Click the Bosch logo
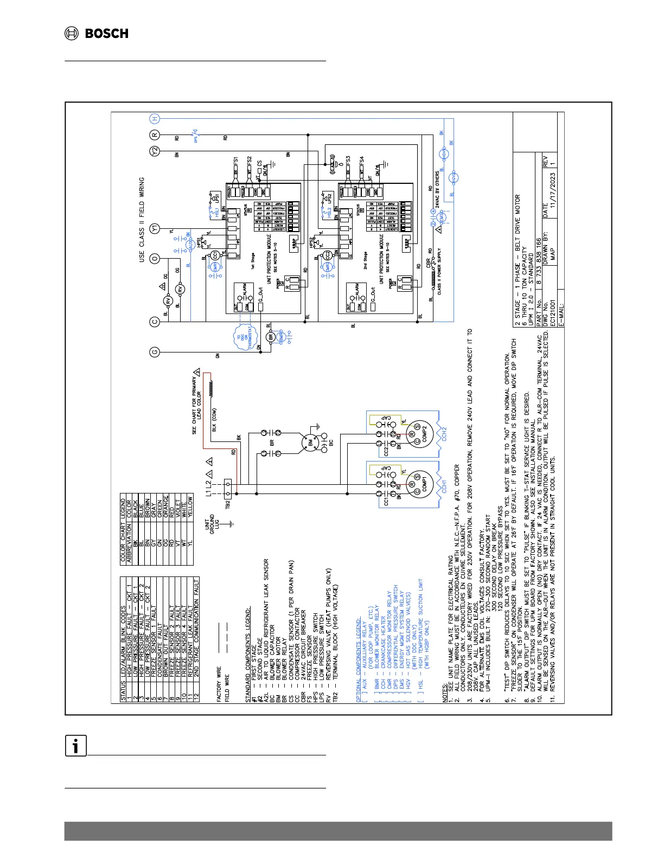tap(97, 34)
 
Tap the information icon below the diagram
tap(76, 746)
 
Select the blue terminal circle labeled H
tap(155, 119)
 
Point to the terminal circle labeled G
tap(155, 353)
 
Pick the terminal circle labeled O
tap(155, 259)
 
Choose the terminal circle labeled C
tap(155, 322)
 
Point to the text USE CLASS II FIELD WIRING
tap(142, 220)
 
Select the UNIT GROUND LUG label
tap(212, 523)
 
